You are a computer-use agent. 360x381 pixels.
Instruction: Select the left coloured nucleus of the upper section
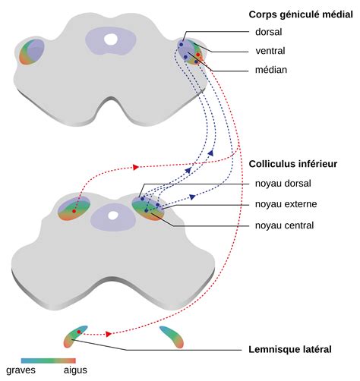tap(33, 52)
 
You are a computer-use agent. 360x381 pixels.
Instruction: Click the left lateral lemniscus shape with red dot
tap(77, 335)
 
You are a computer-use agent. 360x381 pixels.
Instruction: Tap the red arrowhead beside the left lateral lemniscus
tap(109, 334)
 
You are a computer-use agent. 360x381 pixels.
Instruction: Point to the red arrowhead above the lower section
tap(136, 166)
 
